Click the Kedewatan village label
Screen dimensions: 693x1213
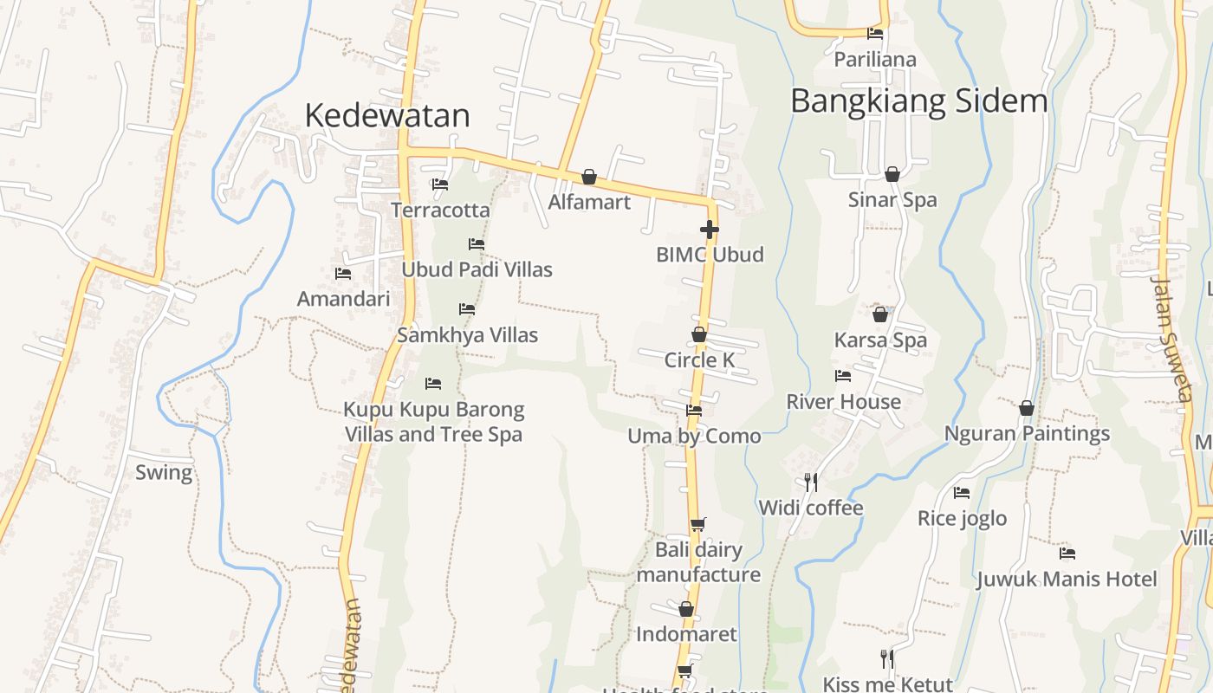(387, 115)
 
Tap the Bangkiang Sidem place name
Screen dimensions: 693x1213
(918, 101)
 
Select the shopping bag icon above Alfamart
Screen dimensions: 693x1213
(589, 177)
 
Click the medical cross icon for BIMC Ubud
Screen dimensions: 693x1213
(710, 230)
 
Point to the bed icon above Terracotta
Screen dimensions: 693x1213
(440, 185)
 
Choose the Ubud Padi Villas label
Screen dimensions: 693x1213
(477, 269)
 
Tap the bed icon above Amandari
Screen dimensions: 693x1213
(343, 274)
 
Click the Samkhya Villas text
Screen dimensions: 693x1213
(467, 335)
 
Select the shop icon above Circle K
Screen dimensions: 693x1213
(699, 334)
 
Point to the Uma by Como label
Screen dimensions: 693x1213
(694, 436)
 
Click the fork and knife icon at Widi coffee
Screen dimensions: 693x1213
(811, 482)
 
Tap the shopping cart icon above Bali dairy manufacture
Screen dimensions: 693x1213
(698, 524)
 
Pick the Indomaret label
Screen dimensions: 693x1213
(686, 634)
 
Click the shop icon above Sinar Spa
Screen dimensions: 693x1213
(892, 174)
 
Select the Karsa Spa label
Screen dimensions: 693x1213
(880, 340)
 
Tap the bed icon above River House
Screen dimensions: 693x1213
(843, 376)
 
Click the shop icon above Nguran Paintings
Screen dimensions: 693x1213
(1027, 407)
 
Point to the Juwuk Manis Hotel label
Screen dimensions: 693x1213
(1067, 579)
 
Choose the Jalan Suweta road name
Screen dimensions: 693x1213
(1172, 338)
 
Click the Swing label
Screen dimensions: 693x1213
(164, 472)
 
